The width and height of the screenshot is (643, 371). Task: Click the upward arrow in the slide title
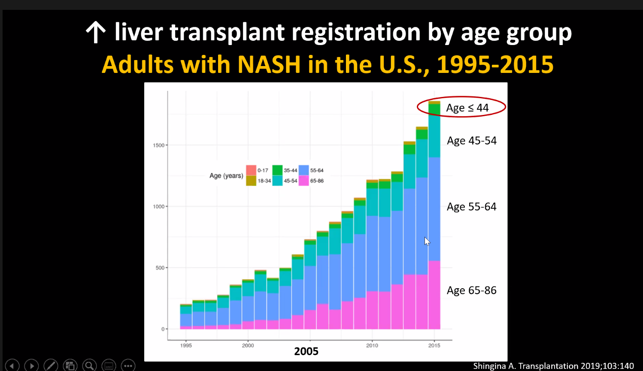coord(95,33)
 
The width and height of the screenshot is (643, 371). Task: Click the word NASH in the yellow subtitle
coord(269,65)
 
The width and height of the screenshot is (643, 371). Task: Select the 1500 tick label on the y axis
coord(158,145)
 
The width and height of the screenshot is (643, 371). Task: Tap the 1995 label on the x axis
coord(186,346)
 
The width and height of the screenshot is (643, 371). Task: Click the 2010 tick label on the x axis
coord(372,346)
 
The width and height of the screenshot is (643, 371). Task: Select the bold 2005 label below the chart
coord(306,352)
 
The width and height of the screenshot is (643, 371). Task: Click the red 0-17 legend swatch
coord(251,170)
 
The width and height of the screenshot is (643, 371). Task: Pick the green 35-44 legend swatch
coord(277,170)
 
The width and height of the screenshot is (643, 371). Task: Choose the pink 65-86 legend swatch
coord(303,181)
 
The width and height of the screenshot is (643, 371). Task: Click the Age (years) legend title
coord(226,176)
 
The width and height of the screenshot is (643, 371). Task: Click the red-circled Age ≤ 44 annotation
coord(467,108)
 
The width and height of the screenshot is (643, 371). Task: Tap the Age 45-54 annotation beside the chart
coord(471,141)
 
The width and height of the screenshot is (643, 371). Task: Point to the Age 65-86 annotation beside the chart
coord(471,290)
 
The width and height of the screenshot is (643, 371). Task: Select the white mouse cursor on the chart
coord(427,241)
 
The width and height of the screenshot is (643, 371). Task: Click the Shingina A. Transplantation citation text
coord(553,366)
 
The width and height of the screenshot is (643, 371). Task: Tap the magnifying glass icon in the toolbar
coord(90,366)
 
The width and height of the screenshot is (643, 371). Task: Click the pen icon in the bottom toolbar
coord(51,366)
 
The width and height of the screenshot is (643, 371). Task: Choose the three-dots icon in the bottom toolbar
coord(128,366)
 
